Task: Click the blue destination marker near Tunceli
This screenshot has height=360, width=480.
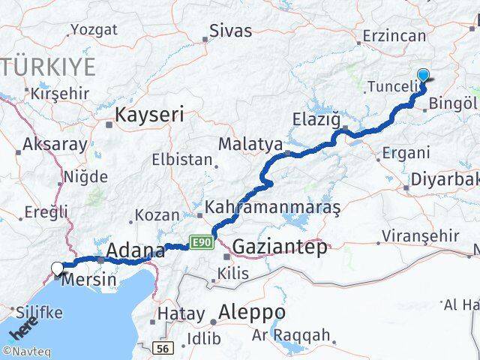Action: click(424, 76)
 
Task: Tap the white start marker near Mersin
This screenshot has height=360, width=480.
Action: click(57, 268)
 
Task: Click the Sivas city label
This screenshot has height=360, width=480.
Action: click(230, 31)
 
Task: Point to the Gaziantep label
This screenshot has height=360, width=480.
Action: click(280, 247)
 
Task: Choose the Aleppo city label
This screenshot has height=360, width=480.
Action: click(251, 311)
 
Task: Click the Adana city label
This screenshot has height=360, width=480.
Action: click(136, 250)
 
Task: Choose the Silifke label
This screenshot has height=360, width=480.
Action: click(37, 312)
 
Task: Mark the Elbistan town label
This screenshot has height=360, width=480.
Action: click(182, 160)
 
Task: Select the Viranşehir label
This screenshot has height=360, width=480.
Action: click(420, 236)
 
